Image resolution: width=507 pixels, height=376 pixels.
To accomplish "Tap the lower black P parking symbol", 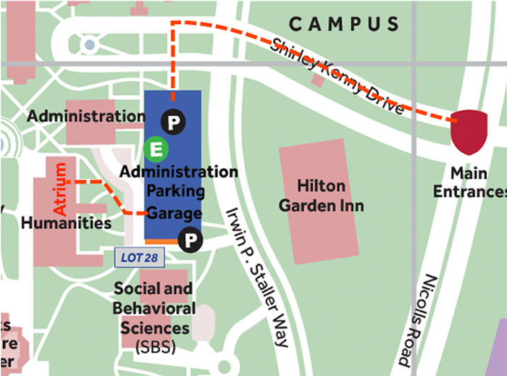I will pyautogui.click(x=190, y=238).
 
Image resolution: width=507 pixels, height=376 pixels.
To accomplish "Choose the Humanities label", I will pyautogui.click(x=67, y=222).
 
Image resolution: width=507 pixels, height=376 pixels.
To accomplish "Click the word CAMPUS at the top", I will pyautogui.click(x=344, y=25).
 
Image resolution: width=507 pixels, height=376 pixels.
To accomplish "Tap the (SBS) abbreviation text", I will pyautogui.click(x=154, y=347).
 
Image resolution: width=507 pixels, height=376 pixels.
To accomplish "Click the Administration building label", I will pyautogui.click(x=85, y=116).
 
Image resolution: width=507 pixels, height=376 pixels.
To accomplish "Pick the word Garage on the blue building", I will pyautogui.click(x=174, y=214).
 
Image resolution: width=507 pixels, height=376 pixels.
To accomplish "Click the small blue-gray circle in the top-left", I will pyautogui.click(x=89, y=45).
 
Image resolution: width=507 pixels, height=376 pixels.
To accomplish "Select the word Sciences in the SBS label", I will pyautogui.click(x=154, y=327).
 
